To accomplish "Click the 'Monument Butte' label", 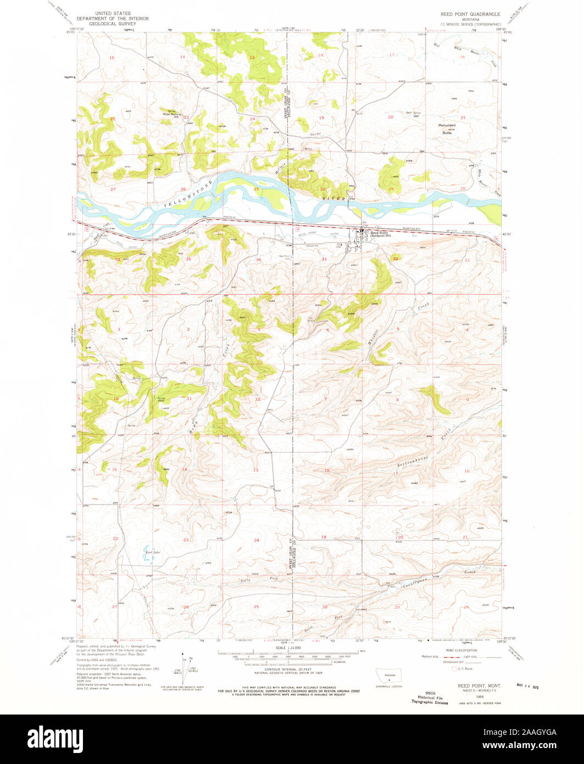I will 447,129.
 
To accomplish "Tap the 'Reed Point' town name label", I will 379,232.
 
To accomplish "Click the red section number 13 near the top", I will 252,58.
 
